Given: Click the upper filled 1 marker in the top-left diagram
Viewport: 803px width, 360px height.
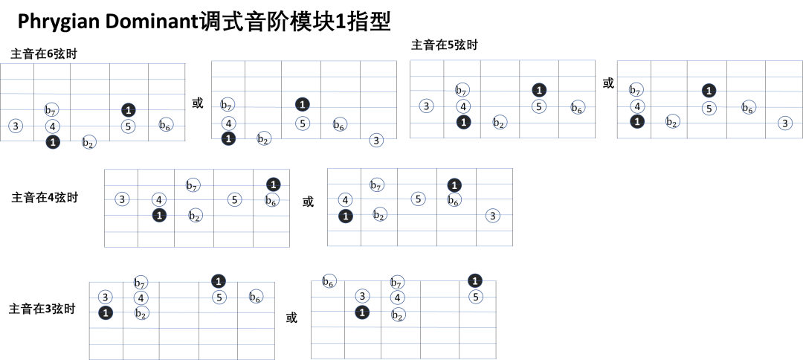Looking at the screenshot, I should pos(129,110).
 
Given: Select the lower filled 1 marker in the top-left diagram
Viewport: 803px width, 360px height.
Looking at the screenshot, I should pos(53,142).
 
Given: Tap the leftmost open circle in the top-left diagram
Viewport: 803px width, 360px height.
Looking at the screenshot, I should pos(16,126).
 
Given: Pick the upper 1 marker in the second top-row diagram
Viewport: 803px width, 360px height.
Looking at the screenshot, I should pos(302,104).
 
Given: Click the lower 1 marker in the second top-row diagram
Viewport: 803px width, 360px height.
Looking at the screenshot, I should pos(228,138).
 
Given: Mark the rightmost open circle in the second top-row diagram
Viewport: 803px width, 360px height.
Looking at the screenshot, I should pos(376,140).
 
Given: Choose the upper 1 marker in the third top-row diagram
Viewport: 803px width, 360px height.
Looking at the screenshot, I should pos(539,90).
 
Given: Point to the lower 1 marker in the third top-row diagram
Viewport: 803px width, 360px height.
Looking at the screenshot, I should pos(463,122).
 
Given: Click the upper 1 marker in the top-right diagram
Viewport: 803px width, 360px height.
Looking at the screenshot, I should pos(709,91).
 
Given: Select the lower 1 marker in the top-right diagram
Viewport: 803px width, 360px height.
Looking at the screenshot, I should pos(637,121).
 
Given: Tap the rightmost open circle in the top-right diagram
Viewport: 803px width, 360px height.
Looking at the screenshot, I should pos(785,123).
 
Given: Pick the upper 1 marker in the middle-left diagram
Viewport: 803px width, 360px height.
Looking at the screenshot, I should pos(273,184).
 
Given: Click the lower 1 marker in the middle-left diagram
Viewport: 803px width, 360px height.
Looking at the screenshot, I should pos(159,215).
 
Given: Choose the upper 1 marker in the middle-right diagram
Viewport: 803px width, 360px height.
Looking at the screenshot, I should pos(454,185).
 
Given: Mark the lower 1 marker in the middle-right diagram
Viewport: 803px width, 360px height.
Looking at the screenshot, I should pos(345,216).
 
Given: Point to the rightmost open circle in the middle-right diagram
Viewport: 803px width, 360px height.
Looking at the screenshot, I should pos(492,216).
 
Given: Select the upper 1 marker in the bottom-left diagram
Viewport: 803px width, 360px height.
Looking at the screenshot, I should pos(218,281).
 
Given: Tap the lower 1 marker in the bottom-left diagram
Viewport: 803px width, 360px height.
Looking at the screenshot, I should pos(106,313).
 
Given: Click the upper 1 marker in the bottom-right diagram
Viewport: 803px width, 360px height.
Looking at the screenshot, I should pos(475,280).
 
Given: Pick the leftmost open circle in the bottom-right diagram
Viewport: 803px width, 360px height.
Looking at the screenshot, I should pos(329,280).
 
